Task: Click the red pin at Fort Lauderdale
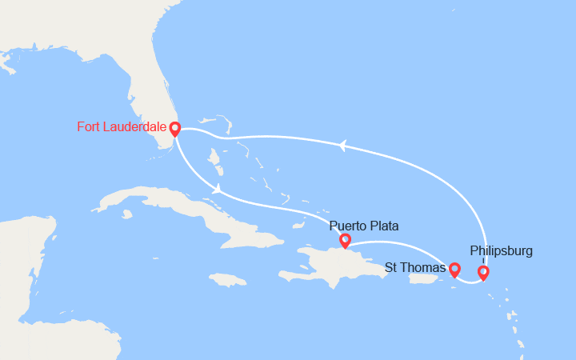[x=174, y=128]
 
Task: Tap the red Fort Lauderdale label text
[x=122, y=126]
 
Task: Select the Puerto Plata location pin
[x=345, y=239]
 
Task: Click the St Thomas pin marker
[x=454, y=269]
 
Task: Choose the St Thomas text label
[x=415, y=267]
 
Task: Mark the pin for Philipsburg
[x=483, y=273]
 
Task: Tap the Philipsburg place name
[x=501, y=251]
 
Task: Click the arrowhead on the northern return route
[x=342, y=145]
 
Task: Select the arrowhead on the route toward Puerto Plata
[x=217, y=189]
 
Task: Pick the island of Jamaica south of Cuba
[x=227, y=280]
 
